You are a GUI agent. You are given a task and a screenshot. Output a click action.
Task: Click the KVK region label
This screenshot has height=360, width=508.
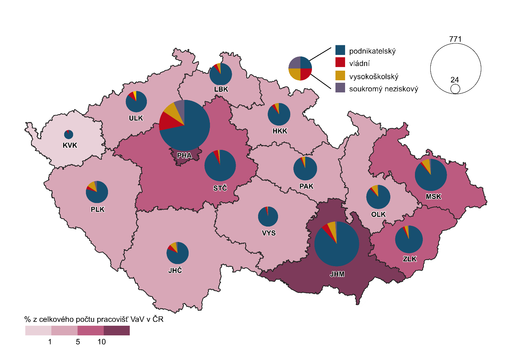point(70,145)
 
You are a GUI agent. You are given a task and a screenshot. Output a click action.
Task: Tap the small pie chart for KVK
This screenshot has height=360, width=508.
point(68,135)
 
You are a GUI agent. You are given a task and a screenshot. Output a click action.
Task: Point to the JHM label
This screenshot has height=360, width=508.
point(337,274)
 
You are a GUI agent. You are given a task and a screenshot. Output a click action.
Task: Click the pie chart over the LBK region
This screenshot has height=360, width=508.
point(221,74)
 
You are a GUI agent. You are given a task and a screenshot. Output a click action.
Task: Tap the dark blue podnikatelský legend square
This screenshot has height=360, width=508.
point(340,50)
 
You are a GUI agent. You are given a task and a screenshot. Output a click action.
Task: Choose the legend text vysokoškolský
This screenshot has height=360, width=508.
point(374,77)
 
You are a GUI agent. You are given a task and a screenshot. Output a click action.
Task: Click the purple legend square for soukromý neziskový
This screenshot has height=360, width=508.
point(340,88)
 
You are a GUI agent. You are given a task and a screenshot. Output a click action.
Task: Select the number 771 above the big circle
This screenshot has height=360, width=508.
point(455,39)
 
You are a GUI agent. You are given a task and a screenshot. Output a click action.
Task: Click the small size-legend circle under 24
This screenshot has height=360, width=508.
point(455,89)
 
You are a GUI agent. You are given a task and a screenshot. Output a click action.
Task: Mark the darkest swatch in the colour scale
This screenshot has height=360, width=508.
point(117,330)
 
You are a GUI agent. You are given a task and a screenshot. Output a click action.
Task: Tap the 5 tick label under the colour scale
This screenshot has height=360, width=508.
point(78,342)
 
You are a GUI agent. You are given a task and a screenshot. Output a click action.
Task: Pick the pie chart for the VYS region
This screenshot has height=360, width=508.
point(268,217)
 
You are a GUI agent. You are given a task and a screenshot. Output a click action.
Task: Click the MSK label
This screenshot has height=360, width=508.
point(433,197)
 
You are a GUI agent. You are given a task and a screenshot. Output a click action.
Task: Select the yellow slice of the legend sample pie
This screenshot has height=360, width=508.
point(294,74)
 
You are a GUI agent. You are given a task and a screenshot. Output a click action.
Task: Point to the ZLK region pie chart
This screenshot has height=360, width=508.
point(409,239)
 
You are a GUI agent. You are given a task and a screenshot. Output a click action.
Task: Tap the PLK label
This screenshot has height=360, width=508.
point(98,209)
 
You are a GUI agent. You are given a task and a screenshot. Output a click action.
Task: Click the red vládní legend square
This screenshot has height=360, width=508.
point(340,62)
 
